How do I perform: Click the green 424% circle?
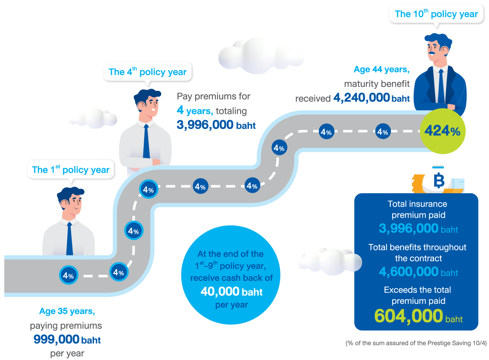pyautogui.click(x=442, y=131)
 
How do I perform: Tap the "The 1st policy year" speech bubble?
pyautogui.click(x=71, y=170)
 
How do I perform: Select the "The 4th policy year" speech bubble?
pyautogui.click(x=148, y=72)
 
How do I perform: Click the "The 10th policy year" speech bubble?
pyautogui.click(x=436, y=14)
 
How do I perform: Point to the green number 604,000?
pyautogui.click(x=408, y=316)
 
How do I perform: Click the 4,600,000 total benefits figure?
pyautogui.click(x=408, y=272)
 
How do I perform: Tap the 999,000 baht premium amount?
pyautogui.click(x=57, y=340)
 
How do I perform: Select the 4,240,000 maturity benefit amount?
pyautogui.click(x=361, y=98)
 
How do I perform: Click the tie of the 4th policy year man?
pyautogui.click(x=146, y=141)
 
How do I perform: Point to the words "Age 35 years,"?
pyautogui.click(x=66, y=311)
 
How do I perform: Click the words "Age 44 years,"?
pyautogui.click(x=381, y=70)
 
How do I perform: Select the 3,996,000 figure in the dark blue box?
pyautogui.click(x=408, y=228)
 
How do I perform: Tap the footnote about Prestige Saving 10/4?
pyautogui.click(x=416, y=343)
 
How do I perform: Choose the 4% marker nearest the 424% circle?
pyautogui.click(x=382, y=132)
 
